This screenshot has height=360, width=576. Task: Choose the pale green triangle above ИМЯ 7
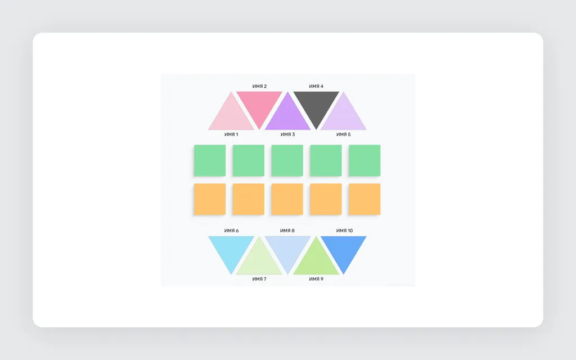[259, 261]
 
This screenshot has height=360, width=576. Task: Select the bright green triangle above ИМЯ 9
[316, 261]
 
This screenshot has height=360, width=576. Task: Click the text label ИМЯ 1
[231, 134]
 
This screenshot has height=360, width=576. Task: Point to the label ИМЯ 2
[259, 86]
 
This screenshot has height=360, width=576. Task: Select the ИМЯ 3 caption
[287, 134]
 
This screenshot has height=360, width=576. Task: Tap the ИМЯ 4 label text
[316, 86]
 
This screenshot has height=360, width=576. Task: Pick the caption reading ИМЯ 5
[344, 134]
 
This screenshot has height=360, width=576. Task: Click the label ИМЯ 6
[231, 231]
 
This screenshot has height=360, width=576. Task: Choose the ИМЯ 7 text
[259, 279]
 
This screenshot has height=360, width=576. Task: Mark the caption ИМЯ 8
[287, 231]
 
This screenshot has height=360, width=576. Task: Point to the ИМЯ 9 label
[316, 279]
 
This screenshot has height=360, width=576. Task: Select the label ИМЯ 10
[344, 231]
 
